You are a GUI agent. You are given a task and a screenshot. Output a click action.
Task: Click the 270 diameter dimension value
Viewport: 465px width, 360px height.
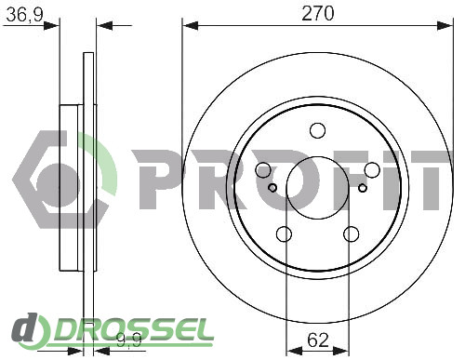(x=318, y=13)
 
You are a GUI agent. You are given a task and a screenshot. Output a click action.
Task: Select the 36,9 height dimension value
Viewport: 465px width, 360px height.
(x=24, y=15)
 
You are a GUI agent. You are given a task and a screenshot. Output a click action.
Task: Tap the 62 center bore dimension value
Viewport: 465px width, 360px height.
(x=318, y=340)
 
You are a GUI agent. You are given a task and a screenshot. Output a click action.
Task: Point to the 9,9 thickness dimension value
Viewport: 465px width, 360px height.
(x=129, y=340)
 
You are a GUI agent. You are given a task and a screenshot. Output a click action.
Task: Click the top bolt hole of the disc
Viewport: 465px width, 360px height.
(x=318, y=130)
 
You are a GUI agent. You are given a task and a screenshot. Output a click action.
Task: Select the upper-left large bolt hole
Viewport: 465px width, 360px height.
(x=263, y=170)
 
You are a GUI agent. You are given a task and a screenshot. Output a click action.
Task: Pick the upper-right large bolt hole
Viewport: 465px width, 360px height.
(x=372, y=170)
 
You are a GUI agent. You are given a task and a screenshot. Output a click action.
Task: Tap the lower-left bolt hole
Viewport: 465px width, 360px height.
(x=284, y=234)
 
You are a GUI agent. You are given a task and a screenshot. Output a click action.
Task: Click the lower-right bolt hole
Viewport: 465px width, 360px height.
(x=352, y=234)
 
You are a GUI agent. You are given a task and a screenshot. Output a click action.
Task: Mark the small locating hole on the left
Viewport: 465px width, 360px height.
(x=272, y=188)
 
